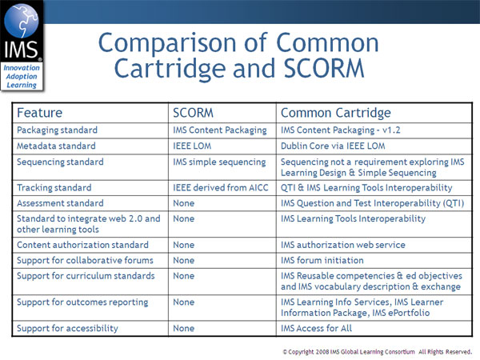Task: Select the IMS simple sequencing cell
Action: point(219,162)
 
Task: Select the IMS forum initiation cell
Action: point(322,260)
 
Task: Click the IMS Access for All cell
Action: point(316,328)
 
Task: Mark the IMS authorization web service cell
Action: point(342,245)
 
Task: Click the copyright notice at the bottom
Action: point(377,350)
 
